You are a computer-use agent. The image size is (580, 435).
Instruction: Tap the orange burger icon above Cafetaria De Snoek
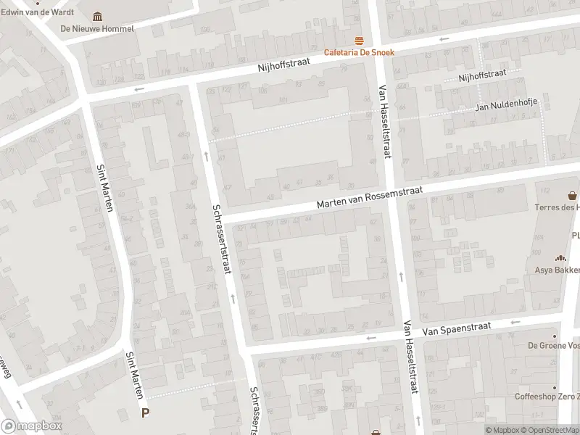357,40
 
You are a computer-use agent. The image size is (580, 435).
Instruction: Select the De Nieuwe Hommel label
97,29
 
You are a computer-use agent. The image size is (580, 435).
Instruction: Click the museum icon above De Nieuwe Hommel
98,17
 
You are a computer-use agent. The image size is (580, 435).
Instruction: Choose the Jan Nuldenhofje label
506,107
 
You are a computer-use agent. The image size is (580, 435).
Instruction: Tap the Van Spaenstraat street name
457,329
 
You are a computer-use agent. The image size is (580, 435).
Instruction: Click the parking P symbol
146,413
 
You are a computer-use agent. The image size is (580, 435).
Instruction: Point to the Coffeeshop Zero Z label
547,396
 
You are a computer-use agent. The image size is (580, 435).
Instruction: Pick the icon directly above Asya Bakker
560,258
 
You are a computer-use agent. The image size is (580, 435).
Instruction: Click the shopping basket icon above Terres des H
573,195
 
